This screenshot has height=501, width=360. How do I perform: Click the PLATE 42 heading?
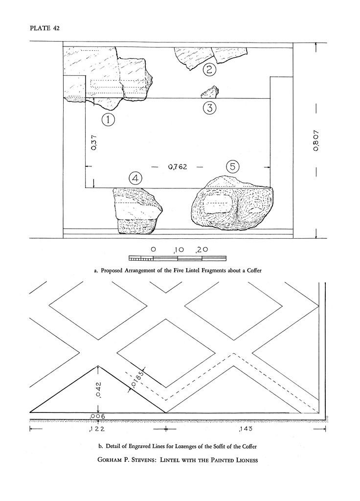(x=45, y=27)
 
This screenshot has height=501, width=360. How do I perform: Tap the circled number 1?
(x=108, y=118)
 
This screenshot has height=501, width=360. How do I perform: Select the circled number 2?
(x=209, y=69)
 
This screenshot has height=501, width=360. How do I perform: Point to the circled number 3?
(x=209, y=108)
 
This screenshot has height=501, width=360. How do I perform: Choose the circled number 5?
(x=233, y=167)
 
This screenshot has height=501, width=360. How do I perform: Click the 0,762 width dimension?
(x=178, y=167)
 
